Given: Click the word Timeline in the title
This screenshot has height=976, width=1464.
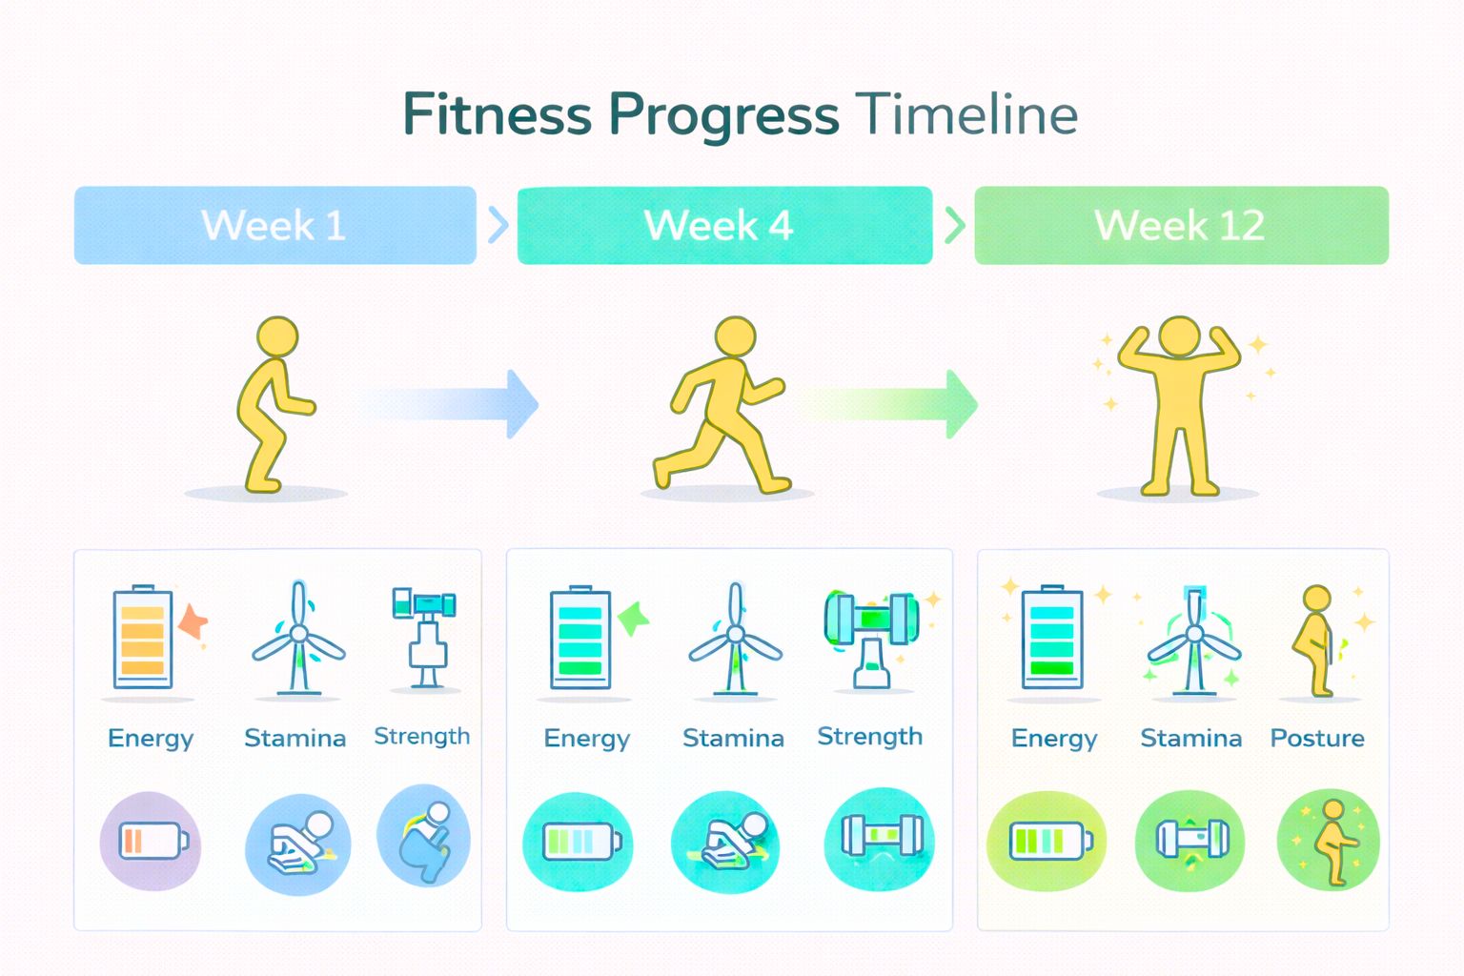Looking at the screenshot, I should (x=966, y=115).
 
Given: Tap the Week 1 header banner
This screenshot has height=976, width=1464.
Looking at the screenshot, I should (x=274, y=225).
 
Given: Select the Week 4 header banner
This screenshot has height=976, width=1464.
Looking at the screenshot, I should (x=724, y=225).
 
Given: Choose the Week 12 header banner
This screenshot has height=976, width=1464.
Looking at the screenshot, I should (x=1181, y=225).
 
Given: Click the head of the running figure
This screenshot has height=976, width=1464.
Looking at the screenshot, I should (x=735, y=336).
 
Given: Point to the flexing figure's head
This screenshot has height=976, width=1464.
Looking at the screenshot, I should (x=1179, y=336).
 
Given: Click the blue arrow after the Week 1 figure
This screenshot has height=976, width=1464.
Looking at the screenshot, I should (x=448, y=404).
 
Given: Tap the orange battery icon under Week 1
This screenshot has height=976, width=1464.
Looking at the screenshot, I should (x=142, y=637).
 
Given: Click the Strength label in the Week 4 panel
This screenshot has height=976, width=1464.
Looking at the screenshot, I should (x=869, y=737).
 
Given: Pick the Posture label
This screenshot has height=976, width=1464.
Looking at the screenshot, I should (x=1317, y=738).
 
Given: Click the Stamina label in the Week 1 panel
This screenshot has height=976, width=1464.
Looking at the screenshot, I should (x=295, y=738).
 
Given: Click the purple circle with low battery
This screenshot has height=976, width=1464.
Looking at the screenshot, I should (x=151, y=841).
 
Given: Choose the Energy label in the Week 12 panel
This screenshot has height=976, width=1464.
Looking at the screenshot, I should (x=1054, y=739).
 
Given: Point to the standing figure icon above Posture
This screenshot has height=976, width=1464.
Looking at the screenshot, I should (x=1317, y=640).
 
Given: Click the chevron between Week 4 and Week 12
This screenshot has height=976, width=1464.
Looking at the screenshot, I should (x=954, y=225).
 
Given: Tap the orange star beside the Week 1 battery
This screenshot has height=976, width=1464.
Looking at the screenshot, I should (x=193, y=621).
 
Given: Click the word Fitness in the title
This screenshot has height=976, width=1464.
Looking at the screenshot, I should (x=498, y=115).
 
